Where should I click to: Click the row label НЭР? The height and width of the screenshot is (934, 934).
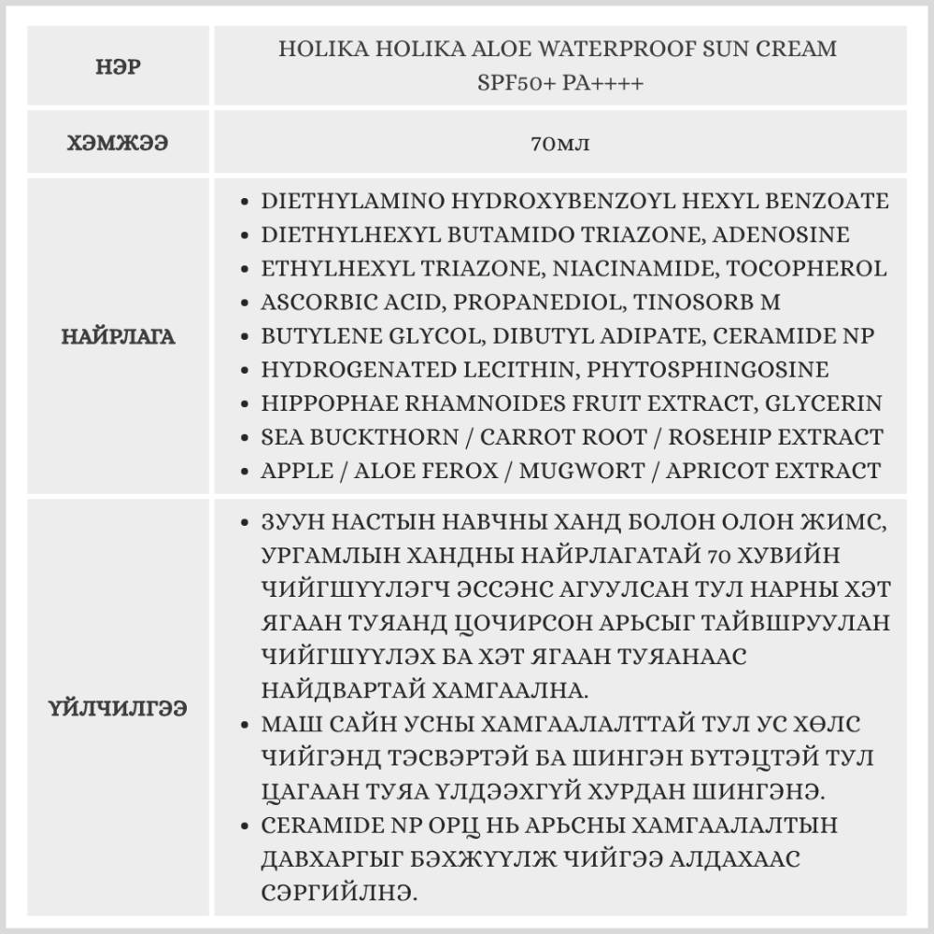point(119,67)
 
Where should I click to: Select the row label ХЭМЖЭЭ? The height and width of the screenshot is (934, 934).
point(119,144)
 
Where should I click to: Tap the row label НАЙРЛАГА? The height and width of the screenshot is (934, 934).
point(119,336)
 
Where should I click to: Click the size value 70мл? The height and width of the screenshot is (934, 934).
point(559,144)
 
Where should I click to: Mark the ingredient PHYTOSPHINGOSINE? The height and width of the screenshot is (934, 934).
point(707,369)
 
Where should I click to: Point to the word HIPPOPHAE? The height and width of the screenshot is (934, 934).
point(318,403)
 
